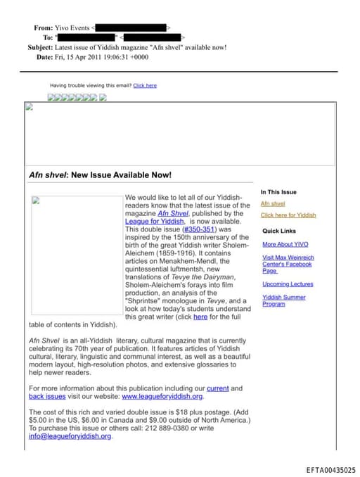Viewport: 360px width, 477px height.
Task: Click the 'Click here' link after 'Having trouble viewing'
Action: tap(145, 86)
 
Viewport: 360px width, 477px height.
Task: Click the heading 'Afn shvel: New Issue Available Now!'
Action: tap(101, 175)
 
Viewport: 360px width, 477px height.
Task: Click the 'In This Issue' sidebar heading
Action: tap(278, 192)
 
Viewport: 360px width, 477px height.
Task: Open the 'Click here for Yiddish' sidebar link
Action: tap(288, 215)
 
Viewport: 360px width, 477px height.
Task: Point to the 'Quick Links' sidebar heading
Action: tap(279, 231)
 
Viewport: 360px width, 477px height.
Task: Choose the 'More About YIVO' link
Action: tap(285, 244)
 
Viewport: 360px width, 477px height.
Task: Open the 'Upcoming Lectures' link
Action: tap(288, 284)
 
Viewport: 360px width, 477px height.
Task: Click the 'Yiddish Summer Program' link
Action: tap(284, 300)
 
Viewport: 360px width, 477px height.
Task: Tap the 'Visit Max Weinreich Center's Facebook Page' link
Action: tap(288, 264)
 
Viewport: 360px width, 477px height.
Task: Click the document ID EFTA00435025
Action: tap(330, 470)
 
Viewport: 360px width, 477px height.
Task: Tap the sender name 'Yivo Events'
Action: tap(72, 28)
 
